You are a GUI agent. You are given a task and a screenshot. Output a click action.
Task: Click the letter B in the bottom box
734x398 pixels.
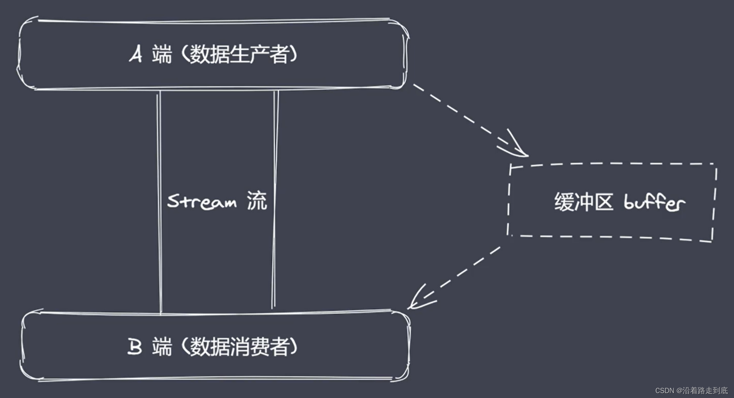135,347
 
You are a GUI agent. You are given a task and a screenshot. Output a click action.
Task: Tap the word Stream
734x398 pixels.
202,201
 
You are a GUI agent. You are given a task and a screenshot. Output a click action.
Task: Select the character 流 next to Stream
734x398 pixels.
257,201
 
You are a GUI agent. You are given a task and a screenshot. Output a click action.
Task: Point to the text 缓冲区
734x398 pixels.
583,202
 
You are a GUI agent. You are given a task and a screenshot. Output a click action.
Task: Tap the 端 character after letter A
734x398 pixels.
162,54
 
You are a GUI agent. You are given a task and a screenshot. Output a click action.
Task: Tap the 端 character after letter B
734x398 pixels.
162,347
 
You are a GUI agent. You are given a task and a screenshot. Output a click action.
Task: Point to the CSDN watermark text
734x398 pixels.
691,390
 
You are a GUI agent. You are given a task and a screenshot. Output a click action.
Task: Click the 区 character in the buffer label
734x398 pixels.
604,202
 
